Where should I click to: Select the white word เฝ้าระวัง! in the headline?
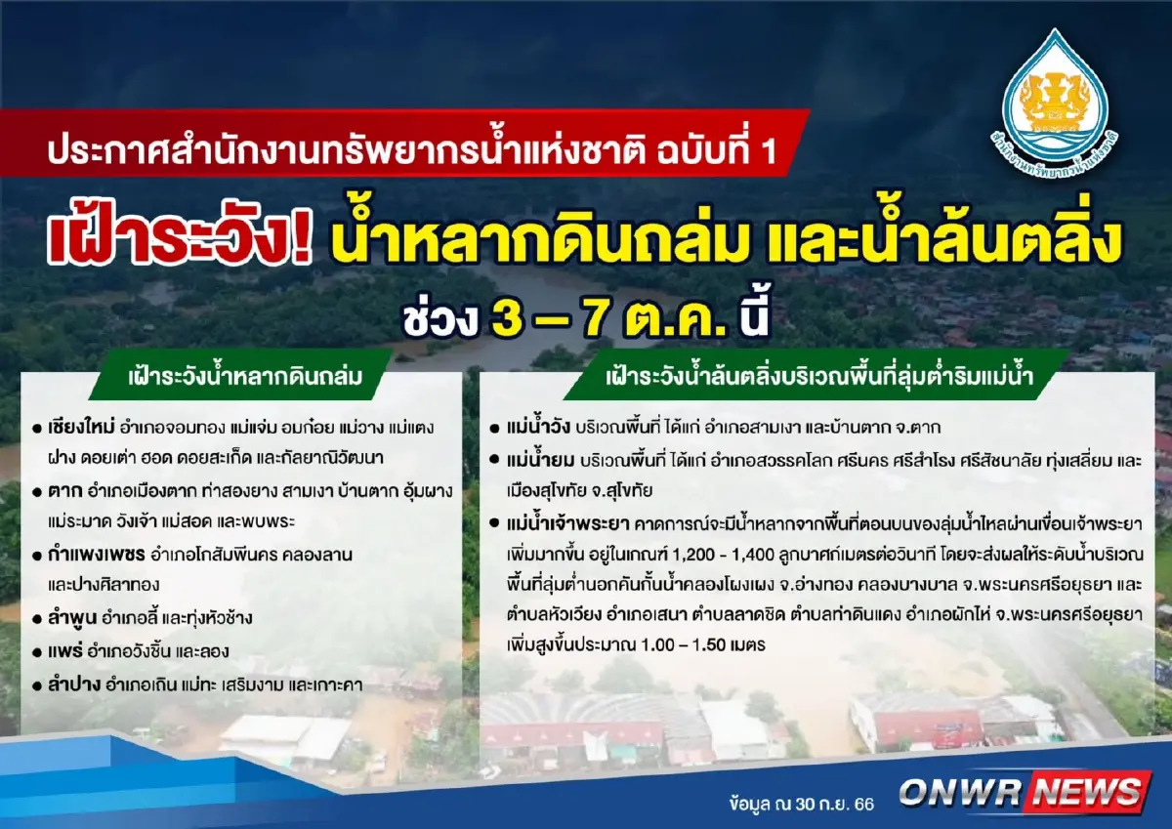pos(182,241)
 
